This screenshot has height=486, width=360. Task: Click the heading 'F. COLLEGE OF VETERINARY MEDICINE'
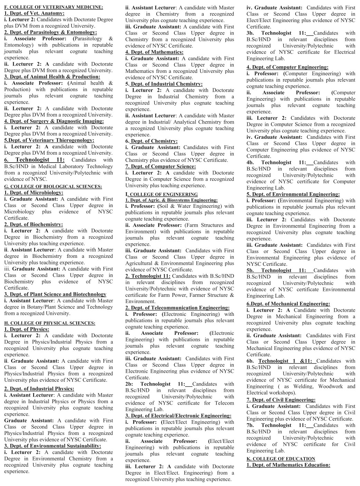53,7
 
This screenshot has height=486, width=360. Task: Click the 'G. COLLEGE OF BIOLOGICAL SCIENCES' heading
53,186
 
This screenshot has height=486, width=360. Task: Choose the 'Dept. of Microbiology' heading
33,193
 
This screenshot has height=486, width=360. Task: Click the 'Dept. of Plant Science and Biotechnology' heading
55,294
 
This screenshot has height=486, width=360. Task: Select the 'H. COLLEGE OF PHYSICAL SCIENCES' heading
50,323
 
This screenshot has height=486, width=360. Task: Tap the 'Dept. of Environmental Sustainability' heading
52,446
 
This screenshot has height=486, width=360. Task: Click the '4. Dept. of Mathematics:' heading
154,52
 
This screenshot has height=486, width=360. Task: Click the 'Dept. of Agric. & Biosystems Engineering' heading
171,200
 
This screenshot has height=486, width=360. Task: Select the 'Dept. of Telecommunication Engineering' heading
177,308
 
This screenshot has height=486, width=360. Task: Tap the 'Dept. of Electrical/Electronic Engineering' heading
178,416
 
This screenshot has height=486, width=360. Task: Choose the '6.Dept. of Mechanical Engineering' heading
288,304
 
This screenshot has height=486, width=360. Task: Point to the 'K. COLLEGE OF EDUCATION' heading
281,459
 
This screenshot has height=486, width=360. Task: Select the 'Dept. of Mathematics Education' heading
288,465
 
